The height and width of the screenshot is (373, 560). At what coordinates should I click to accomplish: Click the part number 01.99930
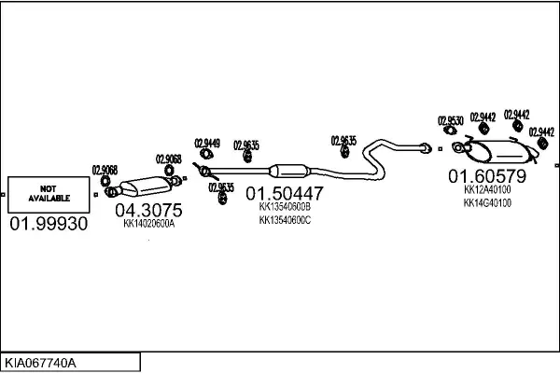pos(49,225)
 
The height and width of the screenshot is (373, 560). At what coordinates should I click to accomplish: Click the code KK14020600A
pos(148,224)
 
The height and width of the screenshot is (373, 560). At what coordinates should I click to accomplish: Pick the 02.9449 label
pos(207,143)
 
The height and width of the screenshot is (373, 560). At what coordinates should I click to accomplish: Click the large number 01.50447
pos(284,194)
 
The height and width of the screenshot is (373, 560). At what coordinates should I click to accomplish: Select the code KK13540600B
pos(284,208)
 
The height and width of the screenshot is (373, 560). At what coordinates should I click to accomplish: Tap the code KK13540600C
pos(284,221)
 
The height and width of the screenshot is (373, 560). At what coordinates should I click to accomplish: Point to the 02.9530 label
pos(451,120)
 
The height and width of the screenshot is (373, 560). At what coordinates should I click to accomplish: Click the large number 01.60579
pos(486,175)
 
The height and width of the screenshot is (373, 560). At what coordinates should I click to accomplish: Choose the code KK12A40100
pos(486,188)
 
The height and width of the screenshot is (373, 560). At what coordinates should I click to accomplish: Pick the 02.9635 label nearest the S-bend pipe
pos(343,141)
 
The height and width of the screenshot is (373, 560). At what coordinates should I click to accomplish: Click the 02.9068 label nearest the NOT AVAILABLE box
pos(105,169)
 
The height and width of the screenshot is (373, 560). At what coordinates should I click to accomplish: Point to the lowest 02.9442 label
pos(541,132)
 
